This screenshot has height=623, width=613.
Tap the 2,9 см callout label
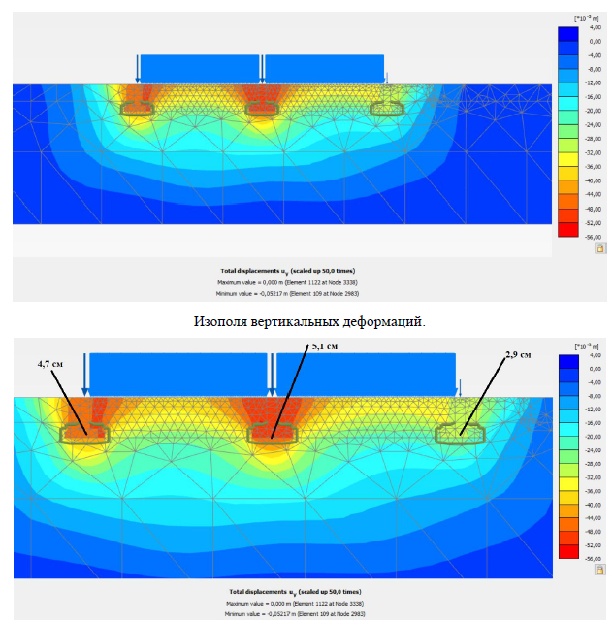tap(518, 355)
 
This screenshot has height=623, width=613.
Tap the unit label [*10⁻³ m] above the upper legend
tap(584, 18)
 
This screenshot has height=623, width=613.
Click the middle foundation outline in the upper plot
tap(261, 109)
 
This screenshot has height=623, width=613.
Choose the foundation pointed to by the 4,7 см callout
tap(84, 433)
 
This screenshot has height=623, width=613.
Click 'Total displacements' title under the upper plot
tap(281, 271)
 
